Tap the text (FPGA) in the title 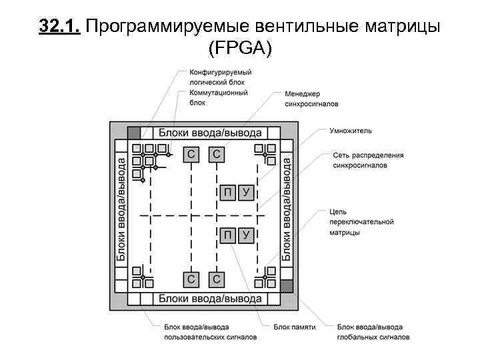point(240,48)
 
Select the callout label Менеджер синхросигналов point(311,99)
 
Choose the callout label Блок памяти point(294,327)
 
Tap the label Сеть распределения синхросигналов point(368,160)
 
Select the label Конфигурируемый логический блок point(221,77)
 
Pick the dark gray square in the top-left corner point(134,131)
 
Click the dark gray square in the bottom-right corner point(286,286)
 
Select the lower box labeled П point(227,234)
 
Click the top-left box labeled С point(192,155)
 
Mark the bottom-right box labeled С point(216,279)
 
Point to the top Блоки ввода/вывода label point(210,132)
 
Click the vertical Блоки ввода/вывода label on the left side point(121,209)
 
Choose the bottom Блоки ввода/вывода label point(210,299)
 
